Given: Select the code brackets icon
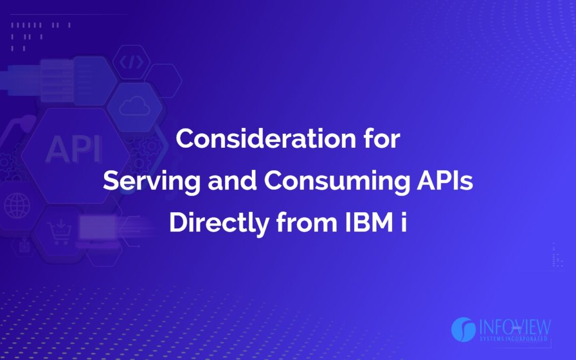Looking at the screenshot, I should [x=131, y=63].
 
